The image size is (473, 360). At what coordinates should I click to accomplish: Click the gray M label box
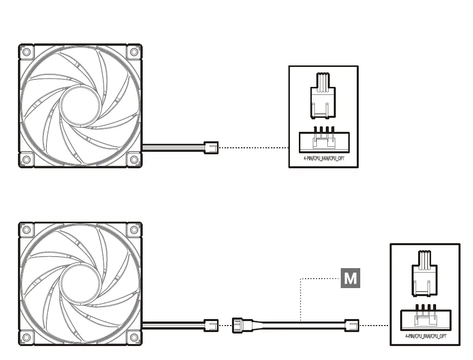point(350,278)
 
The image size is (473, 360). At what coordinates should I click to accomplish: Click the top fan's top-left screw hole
point(26,52)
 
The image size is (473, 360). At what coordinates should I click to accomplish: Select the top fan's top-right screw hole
point(134,52)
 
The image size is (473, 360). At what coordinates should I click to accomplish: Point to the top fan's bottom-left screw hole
point(26,160)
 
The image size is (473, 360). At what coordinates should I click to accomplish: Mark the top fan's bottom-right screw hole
point(134,160)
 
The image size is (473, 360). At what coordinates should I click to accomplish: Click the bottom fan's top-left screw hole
point(26,230)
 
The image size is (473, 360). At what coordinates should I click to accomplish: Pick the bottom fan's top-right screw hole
point(134,230)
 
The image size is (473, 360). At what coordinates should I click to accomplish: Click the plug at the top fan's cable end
point(212,147)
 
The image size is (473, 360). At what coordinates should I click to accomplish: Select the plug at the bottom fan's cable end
point(212,326)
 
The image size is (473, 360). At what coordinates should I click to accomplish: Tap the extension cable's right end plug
point(351,326)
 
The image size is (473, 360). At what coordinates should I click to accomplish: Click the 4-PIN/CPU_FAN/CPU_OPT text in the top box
point(323,158)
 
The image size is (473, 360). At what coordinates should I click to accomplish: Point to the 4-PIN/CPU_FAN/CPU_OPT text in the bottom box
point(425,336)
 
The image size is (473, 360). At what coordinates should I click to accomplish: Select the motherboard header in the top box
point(323,142)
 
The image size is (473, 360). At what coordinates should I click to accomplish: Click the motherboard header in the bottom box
point(425,320)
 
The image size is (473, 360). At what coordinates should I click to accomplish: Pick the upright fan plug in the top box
point(323,96)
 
